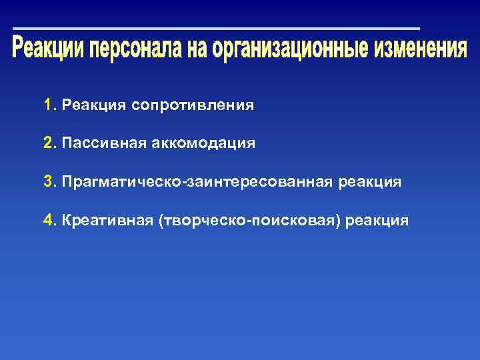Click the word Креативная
[x=107, y=221]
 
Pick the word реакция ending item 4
[x=381, y=221]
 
